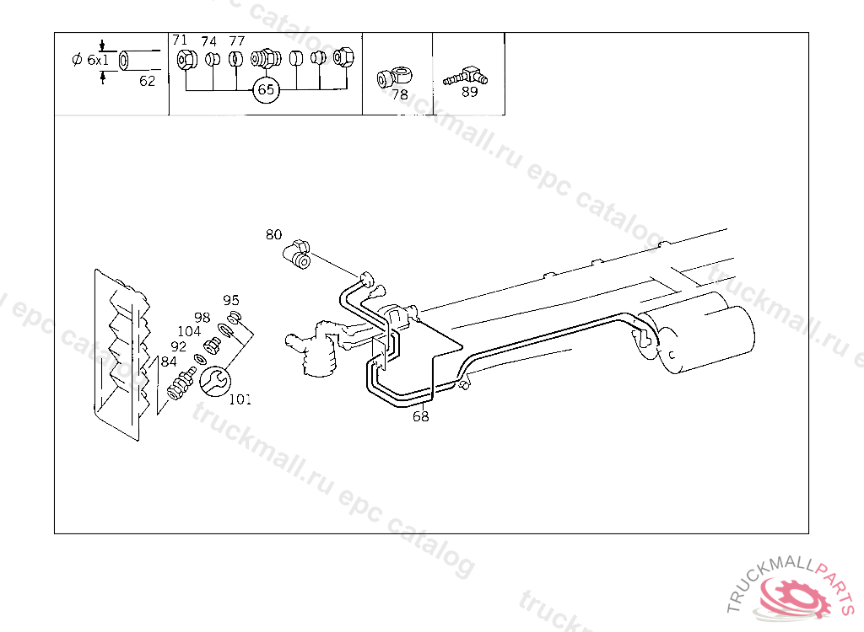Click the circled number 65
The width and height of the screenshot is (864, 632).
[x=266, y=89]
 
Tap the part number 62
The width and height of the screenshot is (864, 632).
[x=148, y=82]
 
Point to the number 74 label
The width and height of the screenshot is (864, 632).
[x=208, y=41]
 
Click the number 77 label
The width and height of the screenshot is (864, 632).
[x=237, y=40]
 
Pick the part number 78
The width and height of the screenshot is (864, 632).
[x=400, y=94]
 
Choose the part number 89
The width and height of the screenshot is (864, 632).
[x=470, y=92]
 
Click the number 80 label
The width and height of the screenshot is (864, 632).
[x=273, y=234]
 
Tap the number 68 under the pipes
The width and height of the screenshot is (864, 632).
[x=421, y=416]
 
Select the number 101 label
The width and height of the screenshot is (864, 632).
[x=240, y=399]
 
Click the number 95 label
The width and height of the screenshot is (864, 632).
[x=231, y=300]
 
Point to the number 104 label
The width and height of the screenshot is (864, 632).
[x=189, y=331]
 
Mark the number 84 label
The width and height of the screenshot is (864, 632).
[x=169, y=362]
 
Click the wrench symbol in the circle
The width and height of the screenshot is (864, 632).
[x=213, y=382]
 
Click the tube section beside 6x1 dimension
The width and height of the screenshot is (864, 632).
[x=139, y=62]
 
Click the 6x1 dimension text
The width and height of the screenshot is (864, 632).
[x=90, y=61]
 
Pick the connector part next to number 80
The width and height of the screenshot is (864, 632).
[x=298, y=253]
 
